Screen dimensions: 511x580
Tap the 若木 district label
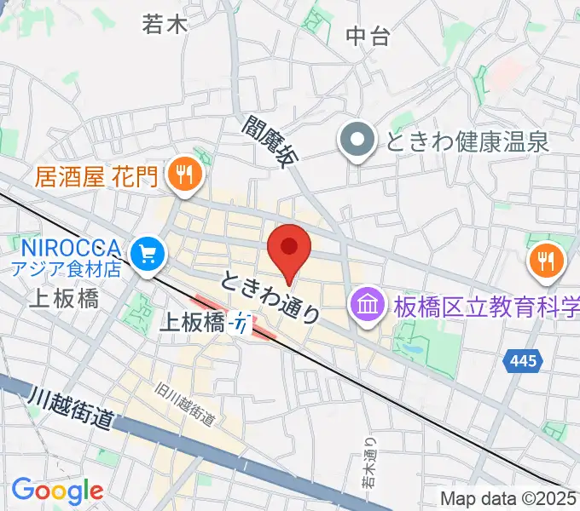tap(165, 25)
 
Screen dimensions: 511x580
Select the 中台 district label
tap(368, 35)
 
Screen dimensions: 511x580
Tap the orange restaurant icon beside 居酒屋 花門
tap(183, 176)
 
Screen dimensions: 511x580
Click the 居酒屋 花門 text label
tap(97, 176)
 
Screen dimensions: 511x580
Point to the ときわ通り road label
tap(271, 296)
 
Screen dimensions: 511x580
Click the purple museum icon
tap(368, 305)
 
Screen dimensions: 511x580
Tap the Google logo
tap(57, 491)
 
